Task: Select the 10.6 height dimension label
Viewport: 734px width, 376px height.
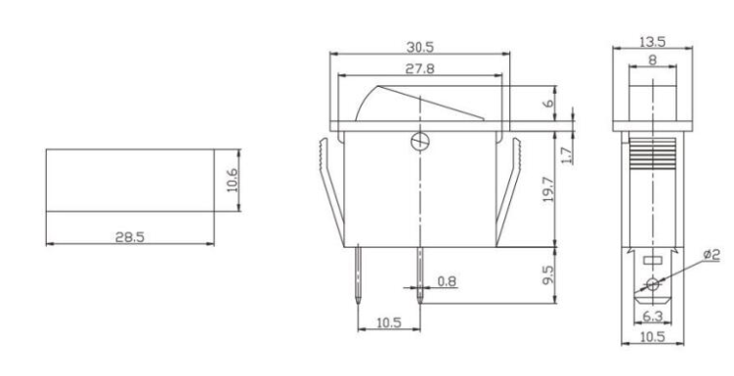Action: [x=233, y=180]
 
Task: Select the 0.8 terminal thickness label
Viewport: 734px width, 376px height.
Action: [x=447, y=281]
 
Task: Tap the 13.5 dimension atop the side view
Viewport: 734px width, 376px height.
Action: [x=652, y=42]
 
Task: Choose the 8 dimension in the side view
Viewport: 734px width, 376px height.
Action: [x=652, y=60]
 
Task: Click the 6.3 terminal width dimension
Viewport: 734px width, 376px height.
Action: [x=651, y=315]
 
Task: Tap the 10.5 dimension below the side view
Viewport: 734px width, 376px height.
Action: [x=651, y=336]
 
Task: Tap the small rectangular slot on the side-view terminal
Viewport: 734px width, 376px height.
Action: [x=652, y=261]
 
